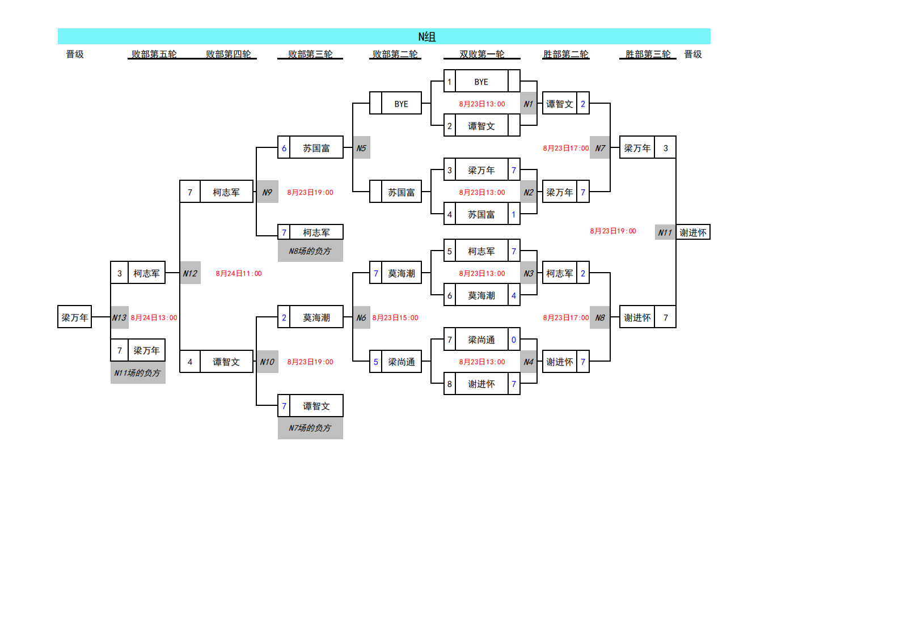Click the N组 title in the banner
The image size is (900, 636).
(426, 37)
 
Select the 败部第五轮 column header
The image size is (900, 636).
(154, 54)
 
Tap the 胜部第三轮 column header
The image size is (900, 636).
(648, 54)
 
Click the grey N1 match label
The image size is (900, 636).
(529, 104)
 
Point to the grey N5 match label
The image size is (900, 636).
(361, 148)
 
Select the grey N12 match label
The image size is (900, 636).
(190, 273)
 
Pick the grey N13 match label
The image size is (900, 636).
(119, 317)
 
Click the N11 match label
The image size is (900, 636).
(665, 232)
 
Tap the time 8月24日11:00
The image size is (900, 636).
(239, 273)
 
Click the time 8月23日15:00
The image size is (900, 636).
(395, 317)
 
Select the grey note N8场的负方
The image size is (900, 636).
(310, 251)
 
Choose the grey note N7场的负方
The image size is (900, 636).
(310, 428)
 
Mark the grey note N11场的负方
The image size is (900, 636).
(138, 372)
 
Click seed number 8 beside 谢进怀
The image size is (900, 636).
(450, 384)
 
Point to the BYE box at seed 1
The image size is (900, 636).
(481, 82)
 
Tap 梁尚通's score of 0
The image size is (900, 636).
(514, 340)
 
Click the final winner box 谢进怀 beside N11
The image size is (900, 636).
(693, 232)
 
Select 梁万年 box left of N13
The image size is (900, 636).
(75, 317)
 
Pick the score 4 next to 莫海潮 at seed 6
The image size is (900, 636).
(514, 295)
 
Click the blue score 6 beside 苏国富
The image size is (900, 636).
(284, 148)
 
